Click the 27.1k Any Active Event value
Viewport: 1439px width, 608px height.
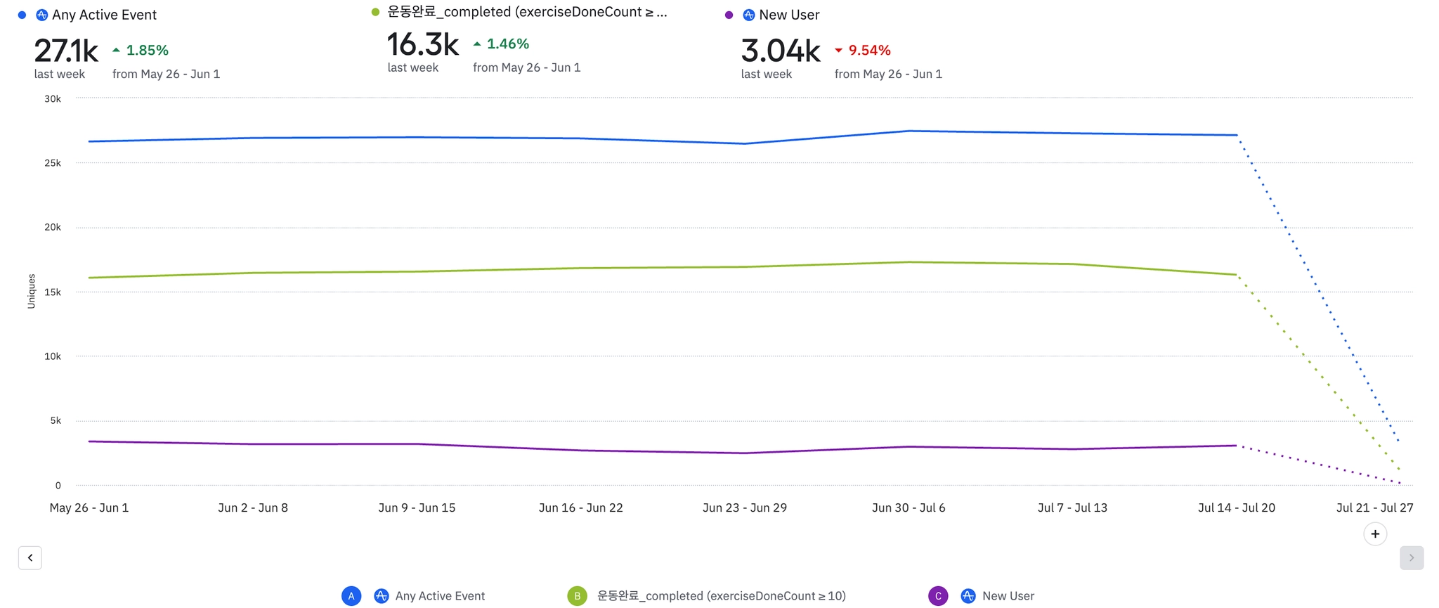tap(66, 51)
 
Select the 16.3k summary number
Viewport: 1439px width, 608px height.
tap(423, 45)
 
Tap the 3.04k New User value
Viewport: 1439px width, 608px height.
tap(781, 51)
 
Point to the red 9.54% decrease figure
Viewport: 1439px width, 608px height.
tap(868, 51)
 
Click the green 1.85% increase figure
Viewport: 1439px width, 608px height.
tap(147, 51)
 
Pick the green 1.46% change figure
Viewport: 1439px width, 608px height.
tap(507, 44)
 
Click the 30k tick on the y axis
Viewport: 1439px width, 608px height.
tap(53, 99)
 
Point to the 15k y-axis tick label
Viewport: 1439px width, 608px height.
tap(53, 292)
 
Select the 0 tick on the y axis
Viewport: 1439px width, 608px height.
tap(58, 486)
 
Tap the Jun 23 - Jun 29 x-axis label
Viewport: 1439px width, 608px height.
tap(745, 508)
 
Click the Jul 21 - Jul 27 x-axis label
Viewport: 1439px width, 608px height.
tap(1374, 508)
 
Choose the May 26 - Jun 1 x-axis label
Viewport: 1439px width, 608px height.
tap(89, 508)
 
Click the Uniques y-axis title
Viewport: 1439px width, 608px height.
tap(32, 291)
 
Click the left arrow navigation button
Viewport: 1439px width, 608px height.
tap(30, 557)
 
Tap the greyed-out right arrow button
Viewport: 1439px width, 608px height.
tap(1411, 557)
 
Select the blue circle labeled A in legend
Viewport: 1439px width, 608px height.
tap(351, 596)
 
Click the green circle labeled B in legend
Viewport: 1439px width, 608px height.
tap(577, 596)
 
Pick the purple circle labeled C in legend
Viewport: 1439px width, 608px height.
tap(938, 596)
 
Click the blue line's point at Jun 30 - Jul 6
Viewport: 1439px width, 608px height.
tap(909, 131)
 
